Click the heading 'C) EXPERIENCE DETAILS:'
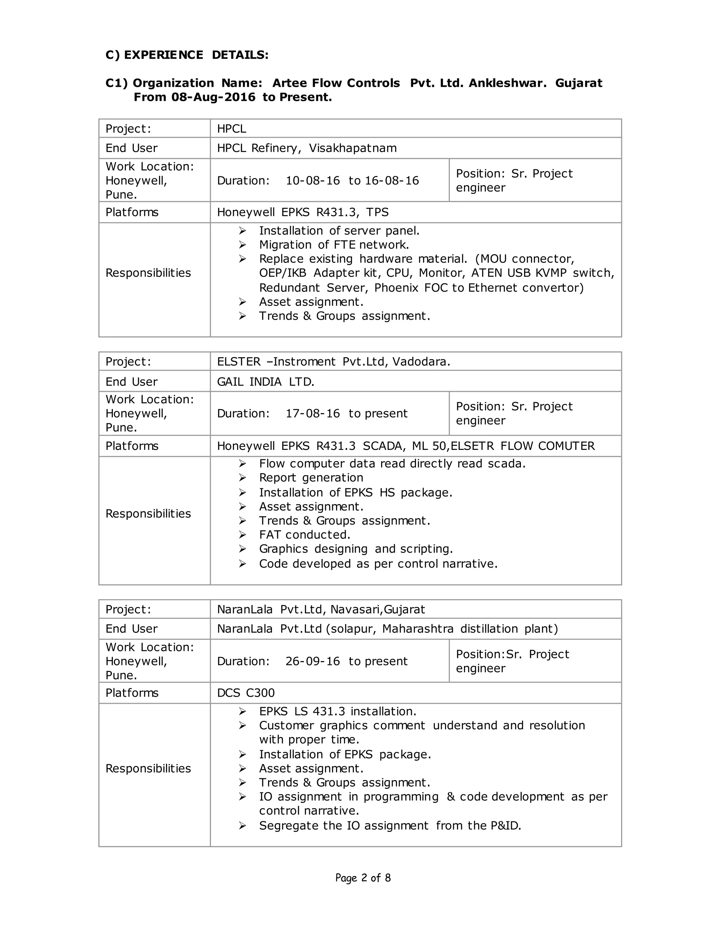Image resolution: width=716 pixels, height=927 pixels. click(x=187, y=55)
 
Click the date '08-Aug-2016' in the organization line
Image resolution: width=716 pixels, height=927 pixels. click(x=213, y=97)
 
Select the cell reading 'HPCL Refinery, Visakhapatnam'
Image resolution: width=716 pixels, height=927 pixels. click(x=307, y=148)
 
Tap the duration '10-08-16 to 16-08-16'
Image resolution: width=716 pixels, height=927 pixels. click(x=352, y=181)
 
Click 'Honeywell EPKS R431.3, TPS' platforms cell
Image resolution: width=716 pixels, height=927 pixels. click(x=302, y=212)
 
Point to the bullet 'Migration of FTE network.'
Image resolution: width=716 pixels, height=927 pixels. click(x=334, y=245)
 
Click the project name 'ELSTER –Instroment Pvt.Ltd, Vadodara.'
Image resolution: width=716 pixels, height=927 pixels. click(x=334, y=362)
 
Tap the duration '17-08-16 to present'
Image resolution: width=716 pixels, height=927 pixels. click(x=346, y=413)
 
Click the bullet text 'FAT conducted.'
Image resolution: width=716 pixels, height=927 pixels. click(x=305, y=535)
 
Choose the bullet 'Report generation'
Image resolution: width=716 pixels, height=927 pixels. click(x=311, y=478)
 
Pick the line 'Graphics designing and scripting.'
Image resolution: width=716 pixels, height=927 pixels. click(x=356, y=549)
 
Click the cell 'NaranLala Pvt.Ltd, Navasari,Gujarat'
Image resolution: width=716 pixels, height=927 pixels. click(x=321, y=609)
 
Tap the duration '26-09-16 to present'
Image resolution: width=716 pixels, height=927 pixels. click(x=346, y=661)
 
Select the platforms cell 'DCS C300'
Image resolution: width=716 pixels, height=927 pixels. click(x=245, y=693)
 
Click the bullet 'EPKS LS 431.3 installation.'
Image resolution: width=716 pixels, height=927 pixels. click(x=338, y=712)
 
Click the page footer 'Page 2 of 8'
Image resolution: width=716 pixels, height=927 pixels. click(x=363, y=878)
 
